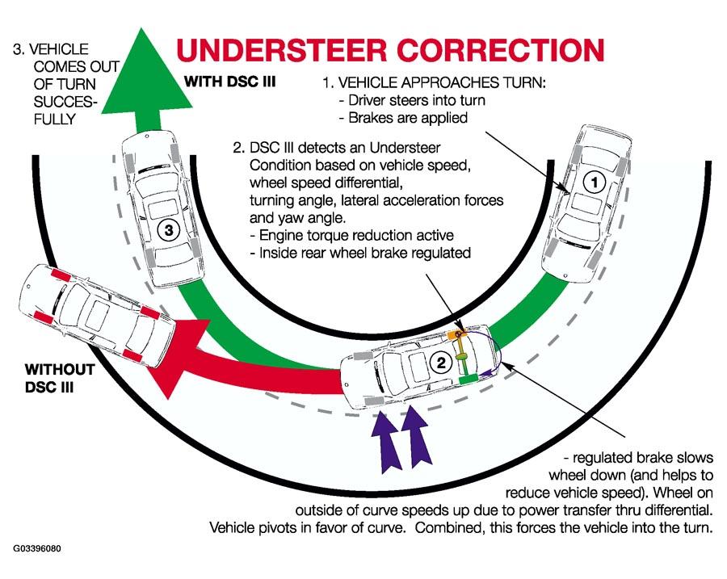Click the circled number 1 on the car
[594, 183]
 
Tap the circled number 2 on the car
[441, 362]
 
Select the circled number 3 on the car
[169, 229]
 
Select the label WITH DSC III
[230, 82]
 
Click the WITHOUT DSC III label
[60, 378]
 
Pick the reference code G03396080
[37, 549]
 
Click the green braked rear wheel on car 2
[469, 380]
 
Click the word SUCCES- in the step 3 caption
[65, 102]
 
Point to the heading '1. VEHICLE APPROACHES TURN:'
[435, 82]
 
